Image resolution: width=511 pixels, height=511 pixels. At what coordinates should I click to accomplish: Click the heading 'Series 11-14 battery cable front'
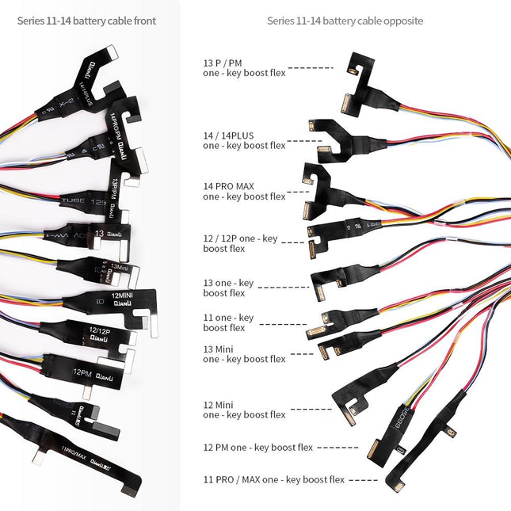(86, 21)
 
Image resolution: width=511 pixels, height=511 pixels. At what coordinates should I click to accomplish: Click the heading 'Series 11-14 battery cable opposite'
(345, 21)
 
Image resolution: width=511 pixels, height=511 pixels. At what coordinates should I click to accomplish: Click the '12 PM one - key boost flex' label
(258, 448)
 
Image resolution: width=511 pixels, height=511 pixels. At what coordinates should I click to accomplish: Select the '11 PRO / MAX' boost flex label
(274, 479)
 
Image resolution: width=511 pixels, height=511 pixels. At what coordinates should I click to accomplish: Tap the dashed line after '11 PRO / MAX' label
(363, 480)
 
